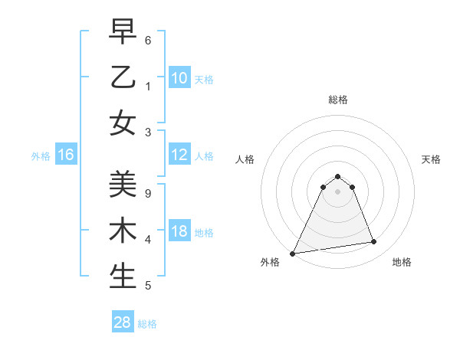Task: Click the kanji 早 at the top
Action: (x=123, y=33)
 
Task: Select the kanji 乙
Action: (x=123, y=77)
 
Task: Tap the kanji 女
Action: (x=123, y=123)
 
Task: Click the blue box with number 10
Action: (x=179, y=78)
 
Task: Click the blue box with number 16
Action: (x=66, y=155)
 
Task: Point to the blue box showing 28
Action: (x=123, y=322)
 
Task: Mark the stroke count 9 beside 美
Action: (x=148, y=193)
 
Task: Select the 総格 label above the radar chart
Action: (x=337, y=100)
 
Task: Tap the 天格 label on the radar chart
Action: (x=431, y=159)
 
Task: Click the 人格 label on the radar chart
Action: (x=245, y=159)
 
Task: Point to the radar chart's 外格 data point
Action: (x=293, y=253)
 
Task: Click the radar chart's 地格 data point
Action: (x=374, y=242)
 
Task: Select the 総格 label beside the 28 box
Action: (x=147, y=324)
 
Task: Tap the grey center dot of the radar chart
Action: (x=337, y=191)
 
